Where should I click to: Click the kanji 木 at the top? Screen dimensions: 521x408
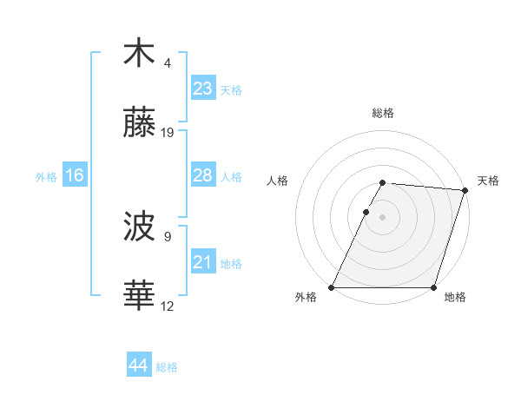(x=139, y=54)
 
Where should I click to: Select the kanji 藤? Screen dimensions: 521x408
(x=139, y=123)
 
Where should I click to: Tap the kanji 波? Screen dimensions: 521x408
(x=139, y=227)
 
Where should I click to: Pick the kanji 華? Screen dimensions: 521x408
(x=139, y=296)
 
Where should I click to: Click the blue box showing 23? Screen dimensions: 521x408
(x=203, y=89)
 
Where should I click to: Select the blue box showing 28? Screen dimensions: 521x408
(x=203, y=175)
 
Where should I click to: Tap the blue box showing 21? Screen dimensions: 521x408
(x=203, y=262)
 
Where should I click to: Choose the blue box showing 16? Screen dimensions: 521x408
(x=75, y=175)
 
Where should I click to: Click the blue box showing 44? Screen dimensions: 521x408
(x=139, y=366)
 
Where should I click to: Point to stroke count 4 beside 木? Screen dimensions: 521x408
(x=168, y=63)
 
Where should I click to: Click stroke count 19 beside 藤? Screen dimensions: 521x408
(x=168, y=133)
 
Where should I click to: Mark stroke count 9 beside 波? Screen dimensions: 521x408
(x=168, y=236)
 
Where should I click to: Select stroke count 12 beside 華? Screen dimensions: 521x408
(x=168, y=306)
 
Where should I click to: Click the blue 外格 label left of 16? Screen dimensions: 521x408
(x=46, y=176)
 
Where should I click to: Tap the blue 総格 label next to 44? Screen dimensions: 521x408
(x=167, y=367)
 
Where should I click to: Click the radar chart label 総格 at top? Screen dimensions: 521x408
(x=383, y=113)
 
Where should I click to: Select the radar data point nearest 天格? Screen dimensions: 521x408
(x=465, y=190)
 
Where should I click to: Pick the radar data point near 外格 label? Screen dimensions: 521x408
(x=332, y=287)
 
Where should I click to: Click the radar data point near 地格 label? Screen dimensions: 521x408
(x=433, y=287)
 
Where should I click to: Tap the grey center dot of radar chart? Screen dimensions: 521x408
(x=383, y=217)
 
